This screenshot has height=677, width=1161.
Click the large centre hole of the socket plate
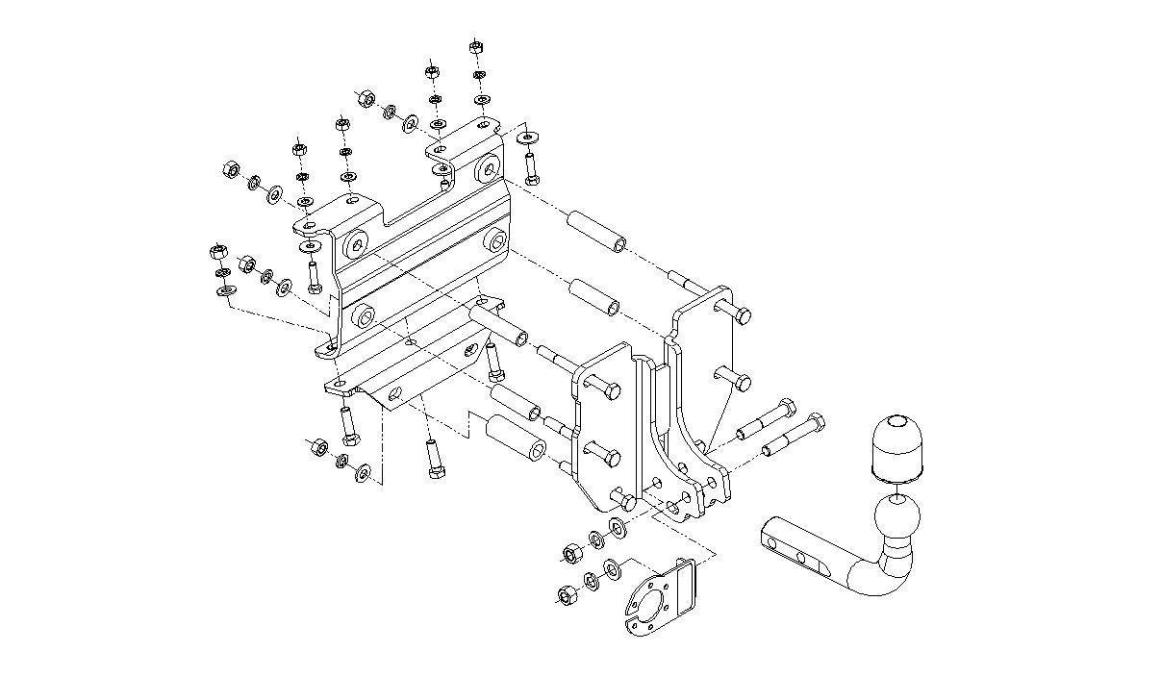[653, 608]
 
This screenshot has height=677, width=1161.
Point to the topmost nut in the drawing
[476, 46]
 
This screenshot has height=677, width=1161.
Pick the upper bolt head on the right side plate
[741, 313]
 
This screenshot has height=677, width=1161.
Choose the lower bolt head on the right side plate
[741, 381]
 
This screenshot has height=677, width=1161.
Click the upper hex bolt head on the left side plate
[610, 391]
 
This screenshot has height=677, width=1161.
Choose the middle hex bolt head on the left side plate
[609, 453]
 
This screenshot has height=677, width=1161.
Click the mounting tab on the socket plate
[688, 587]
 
